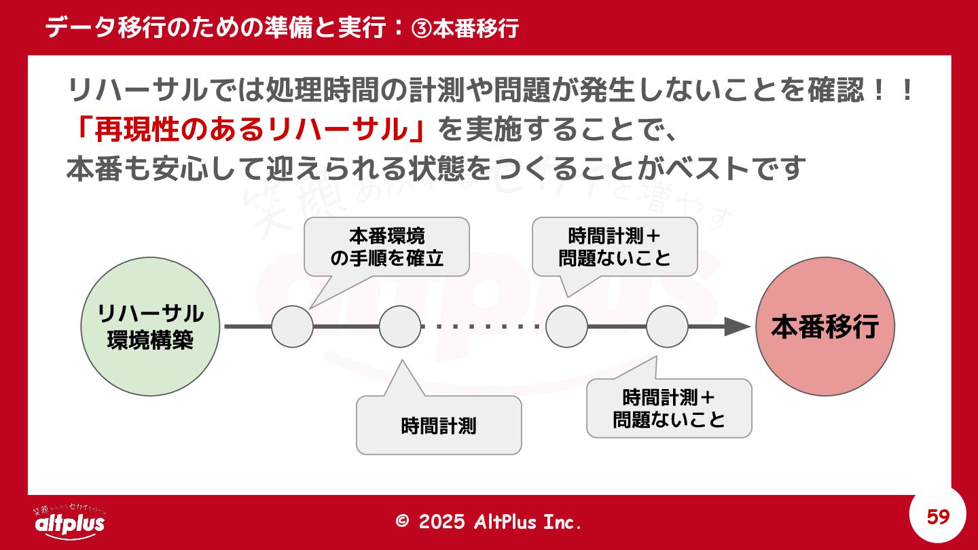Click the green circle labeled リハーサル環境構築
pos(150,326)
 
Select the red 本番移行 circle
pos(825,327)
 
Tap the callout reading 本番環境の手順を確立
pos(386,246)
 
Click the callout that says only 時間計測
pos(439,426)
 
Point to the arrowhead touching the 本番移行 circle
pos(736,327)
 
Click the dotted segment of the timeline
pos(484,327)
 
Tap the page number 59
pos(938,517)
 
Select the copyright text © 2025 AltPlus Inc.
pos(489,521)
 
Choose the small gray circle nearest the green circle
pos(292,327)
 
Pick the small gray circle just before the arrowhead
pos(667,327)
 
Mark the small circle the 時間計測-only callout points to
pos(400,327)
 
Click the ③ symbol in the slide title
pos(421,29)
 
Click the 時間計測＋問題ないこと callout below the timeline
pos(669,408)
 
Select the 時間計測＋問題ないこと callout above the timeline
pos(615,246)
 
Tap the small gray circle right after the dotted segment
pos(566,327)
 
